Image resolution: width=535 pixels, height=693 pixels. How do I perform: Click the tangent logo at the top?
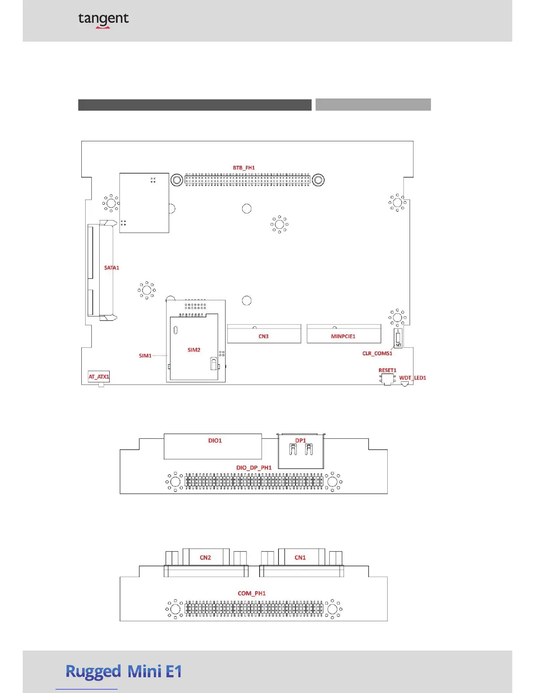[103, 19]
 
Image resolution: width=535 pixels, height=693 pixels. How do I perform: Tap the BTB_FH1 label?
[243, 168]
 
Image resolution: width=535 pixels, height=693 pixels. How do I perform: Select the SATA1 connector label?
[111, 268]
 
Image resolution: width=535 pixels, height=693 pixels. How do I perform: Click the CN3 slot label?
[264, 336]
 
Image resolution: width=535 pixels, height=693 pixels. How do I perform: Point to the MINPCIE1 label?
[343, 336]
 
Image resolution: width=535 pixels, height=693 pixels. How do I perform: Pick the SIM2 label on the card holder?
[194, 350]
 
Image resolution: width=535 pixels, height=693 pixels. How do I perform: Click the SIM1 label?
[145, 356]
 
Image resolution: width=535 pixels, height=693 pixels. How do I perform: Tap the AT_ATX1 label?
[99, 377]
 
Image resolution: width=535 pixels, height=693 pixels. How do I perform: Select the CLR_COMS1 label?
[377, 353]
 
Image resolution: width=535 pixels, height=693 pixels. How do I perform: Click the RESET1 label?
[387, 370]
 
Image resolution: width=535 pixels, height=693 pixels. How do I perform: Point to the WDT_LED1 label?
[412, 378]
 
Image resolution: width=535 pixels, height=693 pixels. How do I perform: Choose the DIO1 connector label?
[215, 441]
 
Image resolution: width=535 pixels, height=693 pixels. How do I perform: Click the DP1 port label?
[300, 441]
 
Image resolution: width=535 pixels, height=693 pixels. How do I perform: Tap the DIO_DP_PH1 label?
[254, 468]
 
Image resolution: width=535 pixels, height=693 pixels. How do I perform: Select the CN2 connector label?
[205, 557]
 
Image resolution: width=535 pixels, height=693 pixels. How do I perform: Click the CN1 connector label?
[300, 557]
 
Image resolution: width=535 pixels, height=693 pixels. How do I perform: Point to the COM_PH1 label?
[252, 593]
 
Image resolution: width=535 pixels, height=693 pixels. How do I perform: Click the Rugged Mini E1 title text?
[124, 672]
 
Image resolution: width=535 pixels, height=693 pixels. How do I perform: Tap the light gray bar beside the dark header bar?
[373, 105]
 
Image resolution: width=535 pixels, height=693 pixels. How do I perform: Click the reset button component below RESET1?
[387, 378]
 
